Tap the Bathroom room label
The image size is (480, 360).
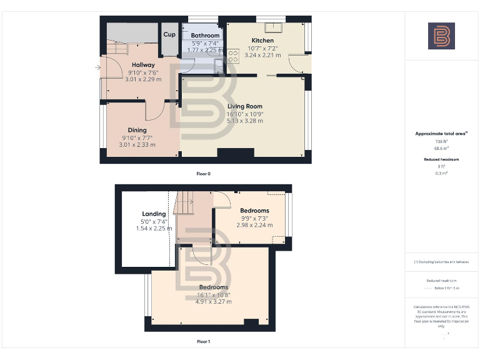[x=205, y=36]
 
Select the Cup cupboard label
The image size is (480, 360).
[x=169, y=34]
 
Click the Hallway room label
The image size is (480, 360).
[x=143, y=65]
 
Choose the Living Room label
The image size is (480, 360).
[x=245, y=106]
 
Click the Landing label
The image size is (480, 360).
[x=154, y=213]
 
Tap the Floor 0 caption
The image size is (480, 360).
[x=203, y=173]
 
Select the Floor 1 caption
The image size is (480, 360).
[x=203, y=342]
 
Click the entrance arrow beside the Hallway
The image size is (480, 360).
[x=99, y=67]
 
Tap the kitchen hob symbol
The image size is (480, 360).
[x=234, y=54]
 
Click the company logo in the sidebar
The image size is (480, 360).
[x=441, y=36]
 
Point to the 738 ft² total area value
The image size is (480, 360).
[x=441, y=142]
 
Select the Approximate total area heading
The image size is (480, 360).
[x=441, y=134]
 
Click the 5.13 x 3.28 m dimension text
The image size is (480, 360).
[x=245, y=121]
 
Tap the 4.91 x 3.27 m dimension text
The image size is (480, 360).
[x=214, y=302]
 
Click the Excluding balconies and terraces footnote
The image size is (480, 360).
[x=441, y=262]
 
